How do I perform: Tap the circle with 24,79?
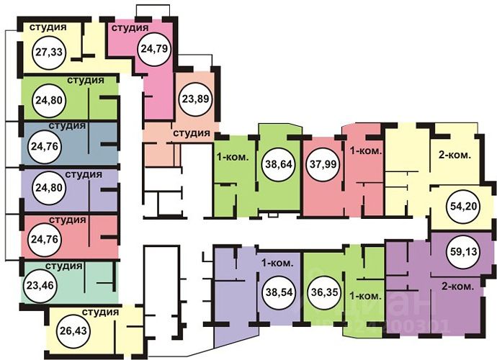152,50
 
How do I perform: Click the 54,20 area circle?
464,204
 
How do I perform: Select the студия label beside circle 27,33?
48,27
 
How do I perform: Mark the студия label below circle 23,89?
191,133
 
